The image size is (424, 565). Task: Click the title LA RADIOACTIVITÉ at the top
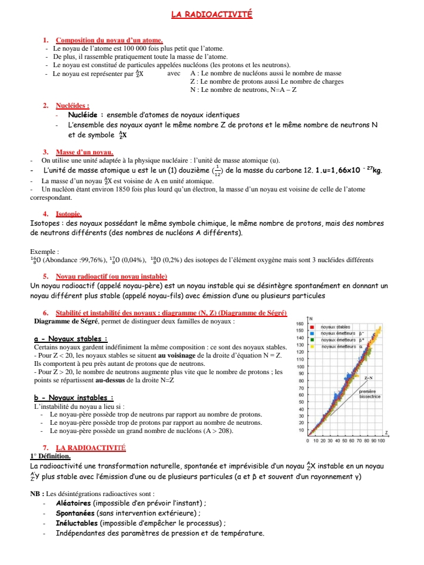point(211,14)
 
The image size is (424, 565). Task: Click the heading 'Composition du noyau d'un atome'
point(105,40)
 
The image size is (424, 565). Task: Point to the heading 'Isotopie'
point(69,214)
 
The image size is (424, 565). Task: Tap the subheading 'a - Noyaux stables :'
point(71,339)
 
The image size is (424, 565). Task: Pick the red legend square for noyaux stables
point(312,326)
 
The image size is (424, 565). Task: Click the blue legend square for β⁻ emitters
point(312,333)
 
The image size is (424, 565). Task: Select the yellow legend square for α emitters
point(312,346)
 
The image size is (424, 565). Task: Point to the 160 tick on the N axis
point(299,325)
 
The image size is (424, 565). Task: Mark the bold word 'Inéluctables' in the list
point(77,523)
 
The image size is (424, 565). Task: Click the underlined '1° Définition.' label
point(50,456)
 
